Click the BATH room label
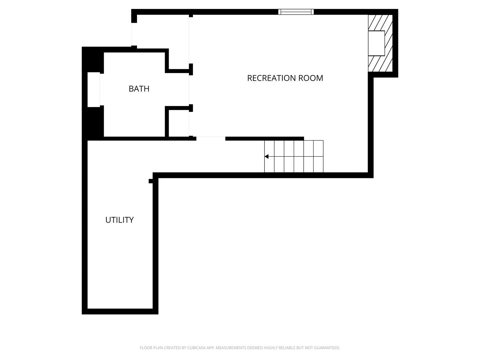click(139, 89)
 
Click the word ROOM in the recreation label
click(311, 78)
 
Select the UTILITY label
click(119, 220)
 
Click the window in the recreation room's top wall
click(296, 12)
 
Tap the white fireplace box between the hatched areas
click(376, 43)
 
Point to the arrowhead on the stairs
click(267, 156)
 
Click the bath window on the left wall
click(94, 90)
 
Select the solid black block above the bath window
click(93, 60)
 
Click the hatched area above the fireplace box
click(380, 23)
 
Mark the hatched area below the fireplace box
click(380, 64)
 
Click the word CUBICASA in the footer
click(196, 348)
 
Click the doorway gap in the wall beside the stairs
click(211, 138)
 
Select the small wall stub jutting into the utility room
click(151, 181)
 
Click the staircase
click(294, 156)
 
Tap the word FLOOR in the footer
click(146, 348)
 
